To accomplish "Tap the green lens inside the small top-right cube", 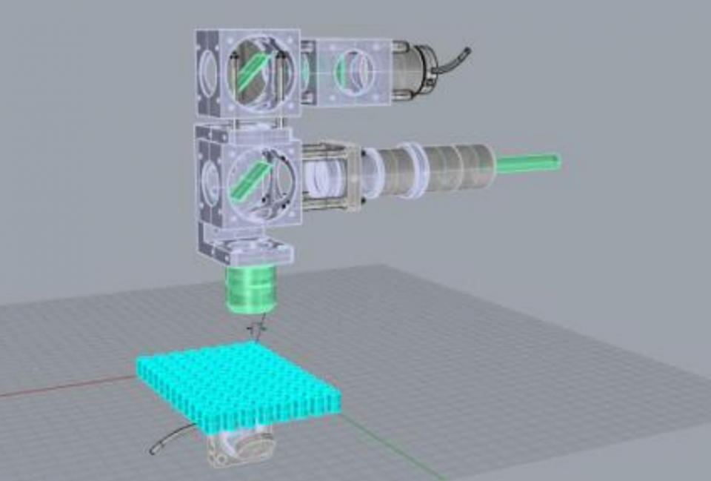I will coord(341,70).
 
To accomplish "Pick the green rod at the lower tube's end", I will coord(528,162).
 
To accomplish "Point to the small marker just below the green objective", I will coord(256,326).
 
